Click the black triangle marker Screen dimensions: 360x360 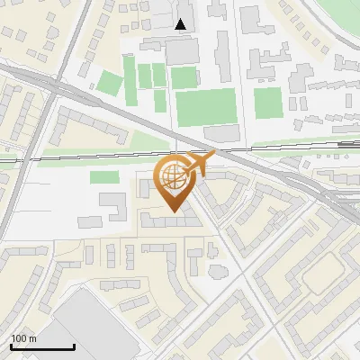[182, 24]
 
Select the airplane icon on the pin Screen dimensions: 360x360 [199, 163]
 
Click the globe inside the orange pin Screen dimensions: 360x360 [174, 176]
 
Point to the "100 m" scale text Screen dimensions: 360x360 [23, 338]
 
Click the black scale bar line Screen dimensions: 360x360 [42, 346]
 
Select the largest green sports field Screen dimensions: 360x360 [204, 106]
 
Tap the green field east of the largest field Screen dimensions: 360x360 [267, 102]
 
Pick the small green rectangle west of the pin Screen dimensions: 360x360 [105, 176]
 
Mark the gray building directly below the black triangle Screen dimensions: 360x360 [182, 50]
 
